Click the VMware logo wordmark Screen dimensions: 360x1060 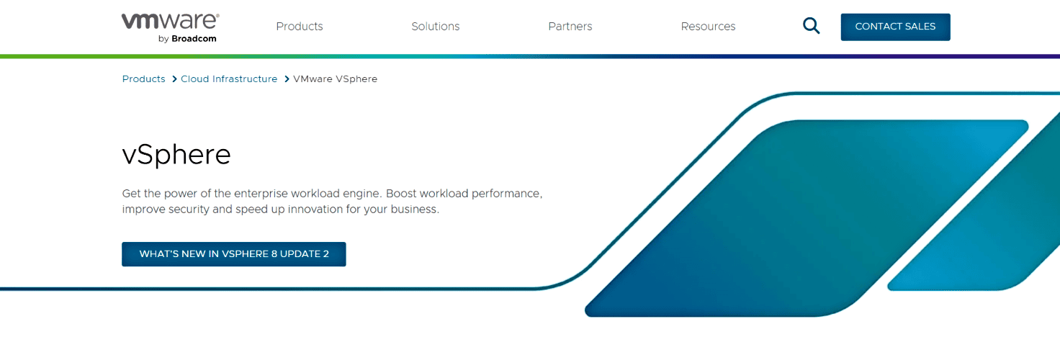tap(170, 22)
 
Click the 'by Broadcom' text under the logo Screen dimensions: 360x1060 tap(187, 39)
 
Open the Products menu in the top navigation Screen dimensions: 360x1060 tap(300, 27)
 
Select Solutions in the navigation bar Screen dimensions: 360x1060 tap(435, 27)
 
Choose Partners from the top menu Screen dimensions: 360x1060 tap(570, 27)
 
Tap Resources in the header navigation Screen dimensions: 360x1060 tap(708, 27)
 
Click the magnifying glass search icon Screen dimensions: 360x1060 tap(811, 27)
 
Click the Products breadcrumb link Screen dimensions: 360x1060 tap(143, 79)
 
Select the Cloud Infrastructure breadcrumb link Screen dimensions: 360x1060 tap(229, 79)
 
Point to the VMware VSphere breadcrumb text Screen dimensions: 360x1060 tap(335, 79)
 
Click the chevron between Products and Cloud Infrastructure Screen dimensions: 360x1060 tap(174, 79)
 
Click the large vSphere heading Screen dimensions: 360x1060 tap(176, 155)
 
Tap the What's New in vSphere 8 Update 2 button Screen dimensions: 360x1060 tap(234, 254)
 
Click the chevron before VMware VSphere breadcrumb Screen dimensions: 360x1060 tap(287, 79)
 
